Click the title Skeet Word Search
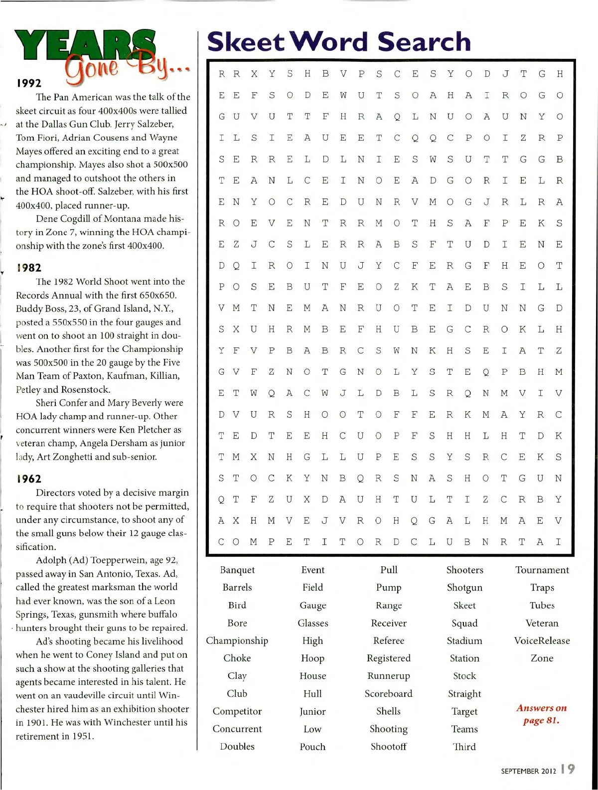point(339,42)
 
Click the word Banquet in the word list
point(237,570)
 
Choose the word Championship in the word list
point(237,640)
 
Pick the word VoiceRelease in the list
point(542,640)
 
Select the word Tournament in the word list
point(542,570)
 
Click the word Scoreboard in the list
point(389,693)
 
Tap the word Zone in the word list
point(542,658)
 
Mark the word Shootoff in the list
point(389,746)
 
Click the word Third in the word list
point(464,746)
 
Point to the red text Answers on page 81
point(541,714)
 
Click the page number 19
point(568,769)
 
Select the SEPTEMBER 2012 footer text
point(528,771)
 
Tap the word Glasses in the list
point(312,623)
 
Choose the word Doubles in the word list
point(237,746)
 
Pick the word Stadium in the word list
point(464,640)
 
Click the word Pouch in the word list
point(312,746)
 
